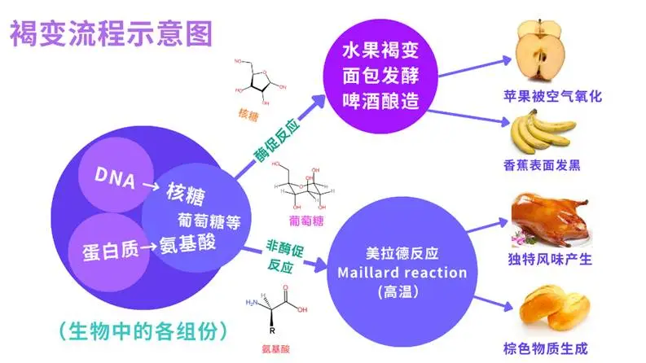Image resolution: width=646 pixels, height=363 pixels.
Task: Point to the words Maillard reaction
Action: pyautogui.click(x=402, y=272)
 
